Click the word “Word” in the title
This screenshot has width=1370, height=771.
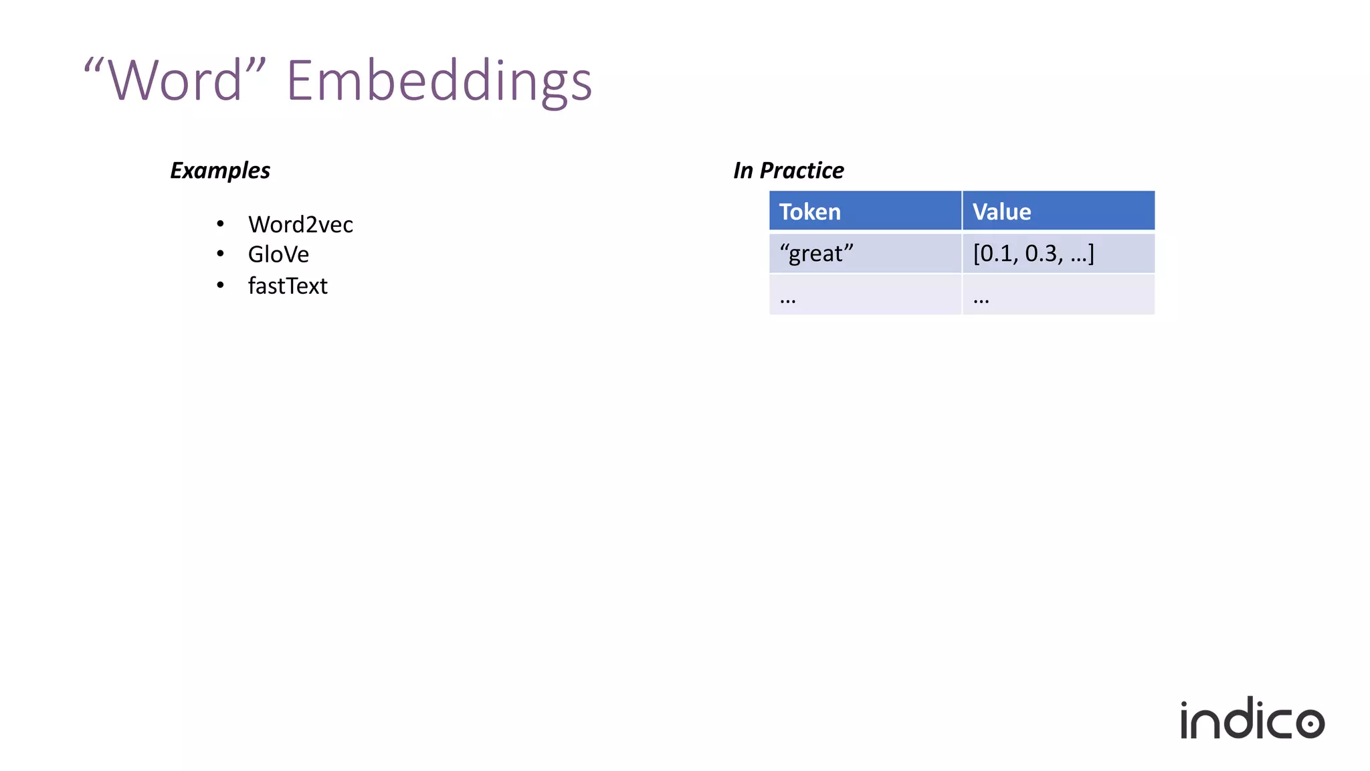point(175,80)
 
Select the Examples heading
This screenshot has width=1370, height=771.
point(220,171)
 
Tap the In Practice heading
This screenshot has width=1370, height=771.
point(788,171)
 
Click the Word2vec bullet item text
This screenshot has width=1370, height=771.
point(300,224)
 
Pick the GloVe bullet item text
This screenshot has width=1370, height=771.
point(278,254)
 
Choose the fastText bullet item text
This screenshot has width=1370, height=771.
point(288,286)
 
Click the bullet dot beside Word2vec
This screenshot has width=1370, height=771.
point(220,224)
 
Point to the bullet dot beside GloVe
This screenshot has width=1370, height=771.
point(220,254)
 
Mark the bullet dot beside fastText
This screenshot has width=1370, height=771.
point(220,285)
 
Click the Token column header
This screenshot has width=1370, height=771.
point(810,211)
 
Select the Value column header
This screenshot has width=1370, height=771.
point(1001,211)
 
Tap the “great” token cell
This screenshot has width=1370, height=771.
point(816,254)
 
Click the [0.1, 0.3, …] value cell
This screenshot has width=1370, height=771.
point(1034,254)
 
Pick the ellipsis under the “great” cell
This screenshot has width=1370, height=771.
point(788,298)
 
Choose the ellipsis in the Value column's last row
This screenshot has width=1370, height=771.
point(981,298)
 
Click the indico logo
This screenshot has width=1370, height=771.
point(1252,719)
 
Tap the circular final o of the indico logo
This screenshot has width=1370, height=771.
point(1310,723)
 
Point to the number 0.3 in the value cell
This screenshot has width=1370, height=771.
point(1041,254)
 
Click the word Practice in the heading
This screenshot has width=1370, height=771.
point(801,171)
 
